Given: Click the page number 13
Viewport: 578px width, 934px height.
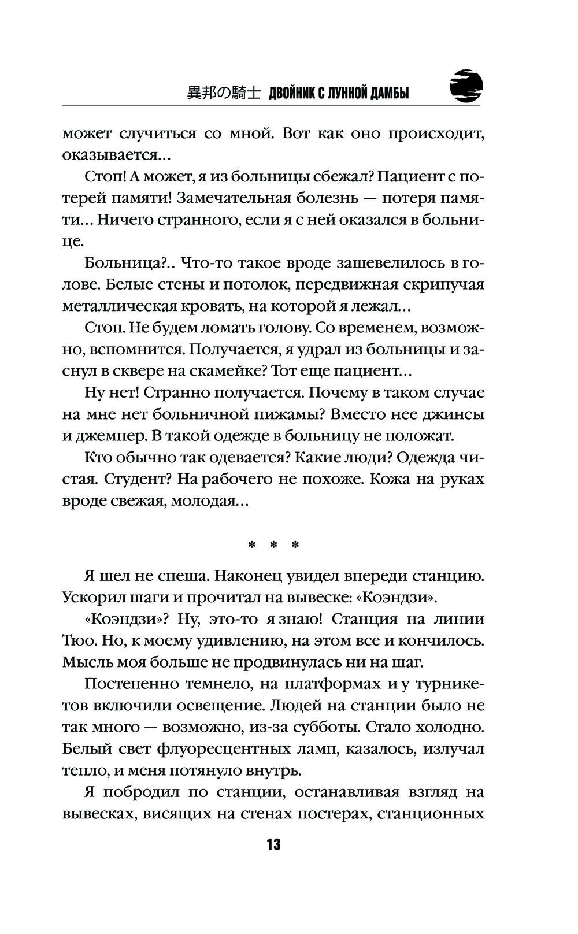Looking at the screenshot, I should [x=273, y=844].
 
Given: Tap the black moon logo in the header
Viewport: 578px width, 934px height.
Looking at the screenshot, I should [x=466, y=87].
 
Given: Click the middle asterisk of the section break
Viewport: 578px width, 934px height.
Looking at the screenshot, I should [x=273, y=545].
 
